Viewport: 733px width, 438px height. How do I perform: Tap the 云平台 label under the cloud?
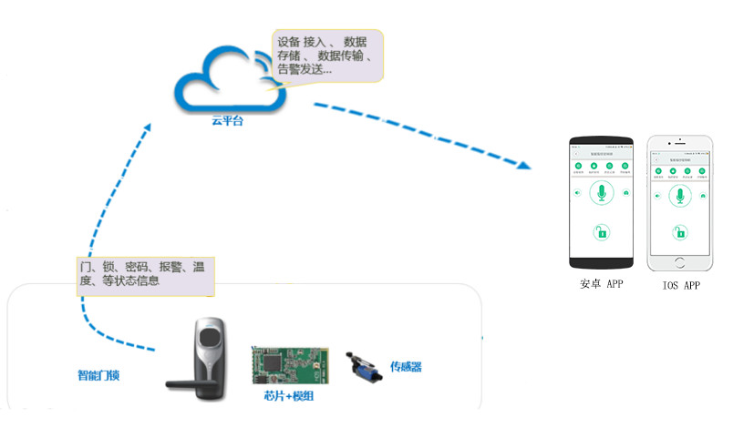(228, 120)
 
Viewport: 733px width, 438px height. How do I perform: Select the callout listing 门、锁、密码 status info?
(144, 274)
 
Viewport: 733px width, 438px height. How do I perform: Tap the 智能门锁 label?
(102, 375)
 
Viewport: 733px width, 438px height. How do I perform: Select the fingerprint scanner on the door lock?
(209, 345)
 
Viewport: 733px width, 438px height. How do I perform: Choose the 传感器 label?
(407, 367)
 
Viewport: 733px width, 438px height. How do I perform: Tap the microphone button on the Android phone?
(601, 193)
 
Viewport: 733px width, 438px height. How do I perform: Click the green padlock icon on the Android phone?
(601, 232)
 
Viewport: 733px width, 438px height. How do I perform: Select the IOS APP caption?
(680, 285)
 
